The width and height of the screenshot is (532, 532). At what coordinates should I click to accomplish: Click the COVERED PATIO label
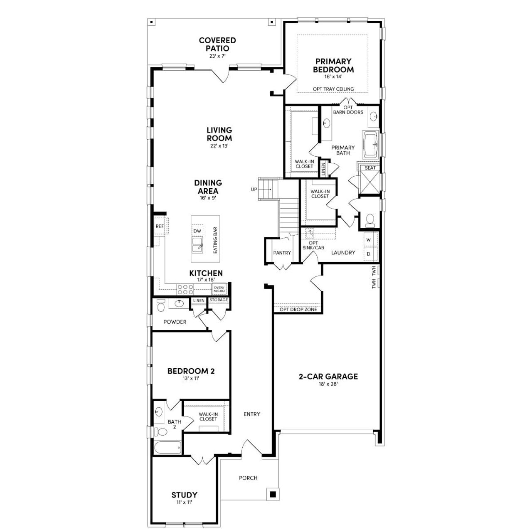tap(217, 44)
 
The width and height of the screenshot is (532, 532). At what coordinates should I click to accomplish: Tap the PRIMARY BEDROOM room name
tap(333, 66)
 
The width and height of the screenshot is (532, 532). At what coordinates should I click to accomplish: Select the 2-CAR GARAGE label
tap(328, 377)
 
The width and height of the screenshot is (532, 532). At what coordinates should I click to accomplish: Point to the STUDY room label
tap(184, 495)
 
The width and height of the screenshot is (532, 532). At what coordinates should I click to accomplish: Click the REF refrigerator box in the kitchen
tap(160, 227)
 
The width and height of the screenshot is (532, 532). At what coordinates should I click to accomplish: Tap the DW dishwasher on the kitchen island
tap(197, 231)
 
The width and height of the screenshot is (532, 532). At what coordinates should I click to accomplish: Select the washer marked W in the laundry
tap(369, 240)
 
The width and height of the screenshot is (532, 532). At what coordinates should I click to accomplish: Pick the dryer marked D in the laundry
tap(369, 254)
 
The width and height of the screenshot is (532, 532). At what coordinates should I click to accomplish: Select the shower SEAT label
tap(370, 168)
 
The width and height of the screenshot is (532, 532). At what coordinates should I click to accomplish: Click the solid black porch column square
tap(273, 494)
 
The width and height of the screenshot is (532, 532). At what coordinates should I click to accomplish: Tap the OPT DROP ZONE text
tap(298, 310)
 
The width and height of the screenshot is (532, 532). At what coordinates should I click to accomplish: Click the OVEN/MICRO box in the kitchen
tap(219, 289)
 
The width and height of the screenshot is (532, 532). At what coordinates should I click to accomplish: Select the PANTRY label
tap(282, 253)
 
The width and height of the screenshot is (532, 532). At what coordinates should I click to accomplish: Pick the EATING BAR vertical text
tap(215, 240)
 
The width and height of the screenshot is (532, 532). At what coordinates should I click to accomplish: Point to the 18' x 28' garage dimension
tap(328, 384)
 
